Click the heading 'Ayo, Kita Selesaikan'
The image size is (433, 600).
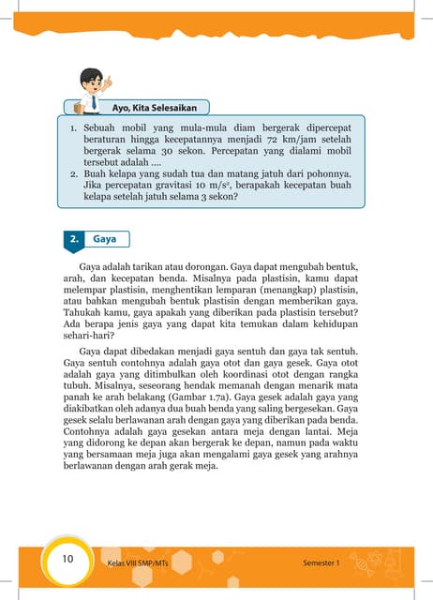[x=149, y=107]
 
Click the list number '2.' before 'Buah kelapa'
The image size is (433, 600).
[x=74, y=173]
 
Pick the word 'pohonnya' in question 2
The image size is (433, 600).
[x=328, y=173]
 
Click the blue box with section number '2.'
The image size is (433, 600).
[x=75, y=240]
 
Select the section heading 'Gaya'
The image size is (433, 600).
[x=105, y=240]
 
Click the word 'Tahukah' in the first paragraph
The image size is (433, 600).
[x=83, y=314]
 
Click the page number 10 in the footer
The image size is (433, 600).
[x=67, y=560]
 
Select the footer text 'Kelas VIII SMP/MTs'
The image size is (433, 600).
[x=134, y=563]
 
